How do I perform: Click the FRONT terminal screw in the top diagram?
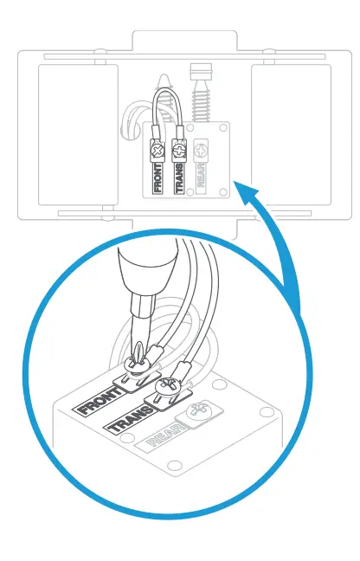click(158, 150)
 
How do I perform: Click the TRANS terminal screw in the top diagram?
click(179, 150)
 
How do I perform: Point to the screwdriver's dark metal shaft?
click(136, 325)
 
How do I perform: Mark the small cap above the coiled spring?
click(202, 68)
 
